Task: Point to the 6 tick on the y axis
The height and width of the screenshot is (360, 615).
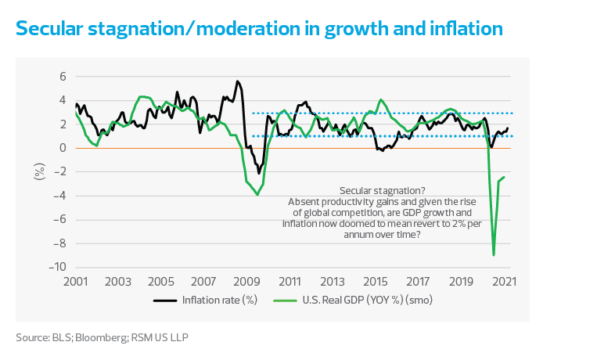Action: coord(63,77)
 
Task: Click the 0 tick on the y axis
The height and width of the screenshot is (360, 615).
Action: coord(63,148)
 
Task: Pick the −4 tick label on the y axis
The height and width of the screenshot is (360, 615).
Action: coord(59,196)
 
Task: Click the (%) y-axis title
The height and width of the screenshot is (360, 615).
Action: coord(38,172)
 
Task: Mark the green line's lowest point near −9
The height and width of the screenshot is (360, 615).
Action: coord(494,254)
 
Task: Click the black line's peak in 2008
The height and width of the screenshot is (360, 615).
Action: coord(238,81)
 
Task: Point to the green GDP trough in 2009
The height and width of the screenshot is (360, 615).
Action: coord(258,194)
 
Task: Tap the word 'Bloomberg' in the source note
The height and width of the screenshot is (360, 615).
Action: coord(88,338)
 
